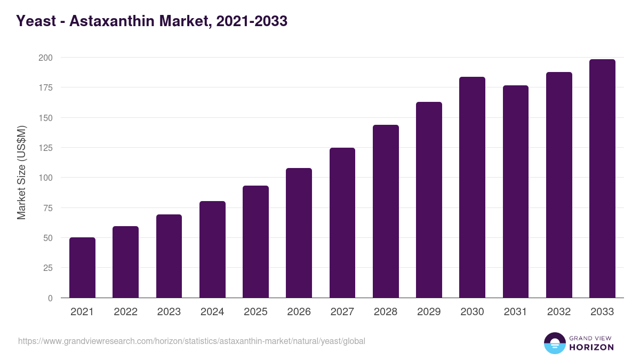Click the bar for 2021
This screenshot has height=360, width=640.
point(82,268)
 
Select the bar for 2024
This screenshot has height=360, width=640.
point(212,250)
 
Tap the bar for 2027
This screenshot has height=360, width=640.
point(342,223)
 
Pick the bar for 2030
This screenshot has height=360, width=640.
point(472,187)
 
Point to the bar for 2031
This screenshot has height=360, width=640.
point(516,191)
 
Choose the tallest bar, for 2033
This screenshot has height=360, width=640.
point(602,179)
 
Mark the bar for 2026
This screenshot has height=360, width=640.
point(299,233)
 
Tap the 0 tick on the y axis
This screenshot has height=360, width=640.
point(50,298)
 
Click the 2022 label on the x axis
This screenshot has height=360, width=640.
point(125,312)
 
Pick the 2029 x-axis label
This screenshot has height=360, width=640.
point(429,312)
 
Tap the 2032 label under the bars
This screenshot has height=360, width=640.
point(559,312)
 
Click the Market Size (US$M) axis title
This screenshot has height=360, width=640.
point(21,172)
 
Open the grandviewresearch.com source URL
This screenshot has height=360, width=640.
point(191,341)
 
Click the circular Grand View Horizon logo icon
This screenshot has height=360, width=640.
point(554,343)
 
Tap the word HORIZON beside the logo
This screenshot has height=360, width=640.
point(591,347)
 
